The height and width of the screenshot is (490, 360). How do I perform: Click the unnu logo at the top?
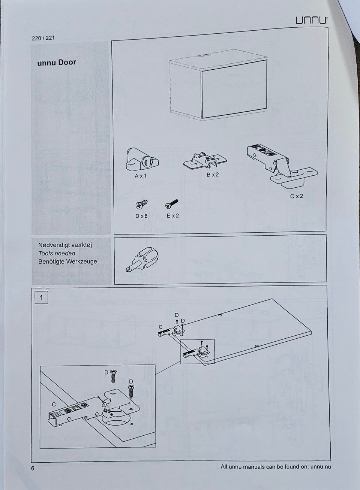[311, 20]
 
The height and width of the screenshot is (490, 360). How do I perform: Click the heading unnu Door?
[57, 62]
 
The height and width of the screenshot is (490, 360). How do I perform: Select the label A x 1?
[141, 176]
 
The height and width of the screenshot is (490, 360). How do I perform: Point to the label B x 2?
[213, 175]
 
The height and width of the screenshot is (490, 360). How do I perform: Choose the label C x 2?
[297, 196]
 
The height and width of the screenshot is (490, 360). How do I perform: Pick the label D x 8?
[141, 216]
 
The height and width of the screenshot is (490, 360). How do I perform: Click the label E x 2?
[173, 216]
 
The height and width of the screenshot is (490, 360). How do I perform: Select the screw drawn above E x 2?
[172, 204]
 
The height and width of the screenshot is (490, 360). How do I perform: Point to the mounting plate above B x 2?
[205, 161]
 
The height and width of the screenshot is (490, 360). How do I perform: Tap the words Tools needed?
[57, 253]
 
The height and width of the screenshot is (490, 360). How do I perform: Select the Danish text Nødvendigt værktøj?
[65, 245]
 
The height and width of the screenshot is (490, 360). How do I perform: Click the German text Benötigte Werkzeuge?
[67, 261]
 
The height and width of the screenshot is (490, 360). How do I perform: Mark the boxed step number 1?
[41, 298]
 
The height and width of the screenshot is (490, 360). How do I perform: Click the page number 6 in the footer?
[33, 468]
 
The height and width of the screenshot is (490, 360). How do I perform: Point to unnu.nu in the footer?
[321, 467]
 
